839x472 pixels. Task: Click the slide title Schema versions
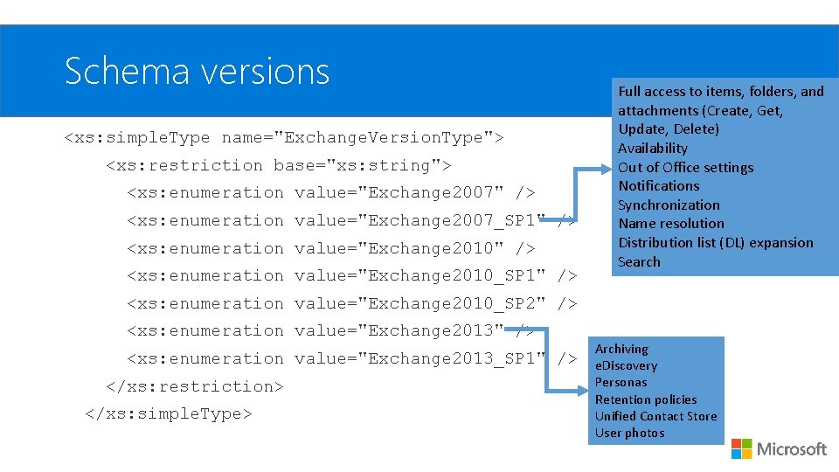(x=197, y=71)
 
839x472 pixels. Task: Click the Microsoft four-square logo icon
(x=741, y=448)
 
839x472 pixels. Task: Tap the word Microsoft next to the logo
(x=791, y=449)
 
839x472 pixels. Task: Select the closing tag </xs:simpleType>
(x=168, y=413)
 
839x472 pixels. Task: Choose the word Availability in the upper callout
(x=653, y=149)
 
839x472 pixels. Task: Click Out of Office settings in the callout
(x=685, y=168)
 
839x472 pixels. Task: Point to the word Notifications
(x=659, y=186)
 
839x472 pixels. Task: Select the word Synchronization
(x=669, y=205)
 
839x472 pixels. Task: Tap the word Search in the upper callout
(x=639, y=262)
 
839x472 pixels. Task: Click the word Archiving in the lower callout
(x=621, y=349)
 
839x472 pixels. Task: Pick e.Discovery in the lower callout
(x=626, y=365)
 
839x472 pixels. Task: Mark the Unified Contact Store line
(x=655, y=416)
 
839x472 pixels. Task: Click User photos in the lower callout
(x=629, y=433)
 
